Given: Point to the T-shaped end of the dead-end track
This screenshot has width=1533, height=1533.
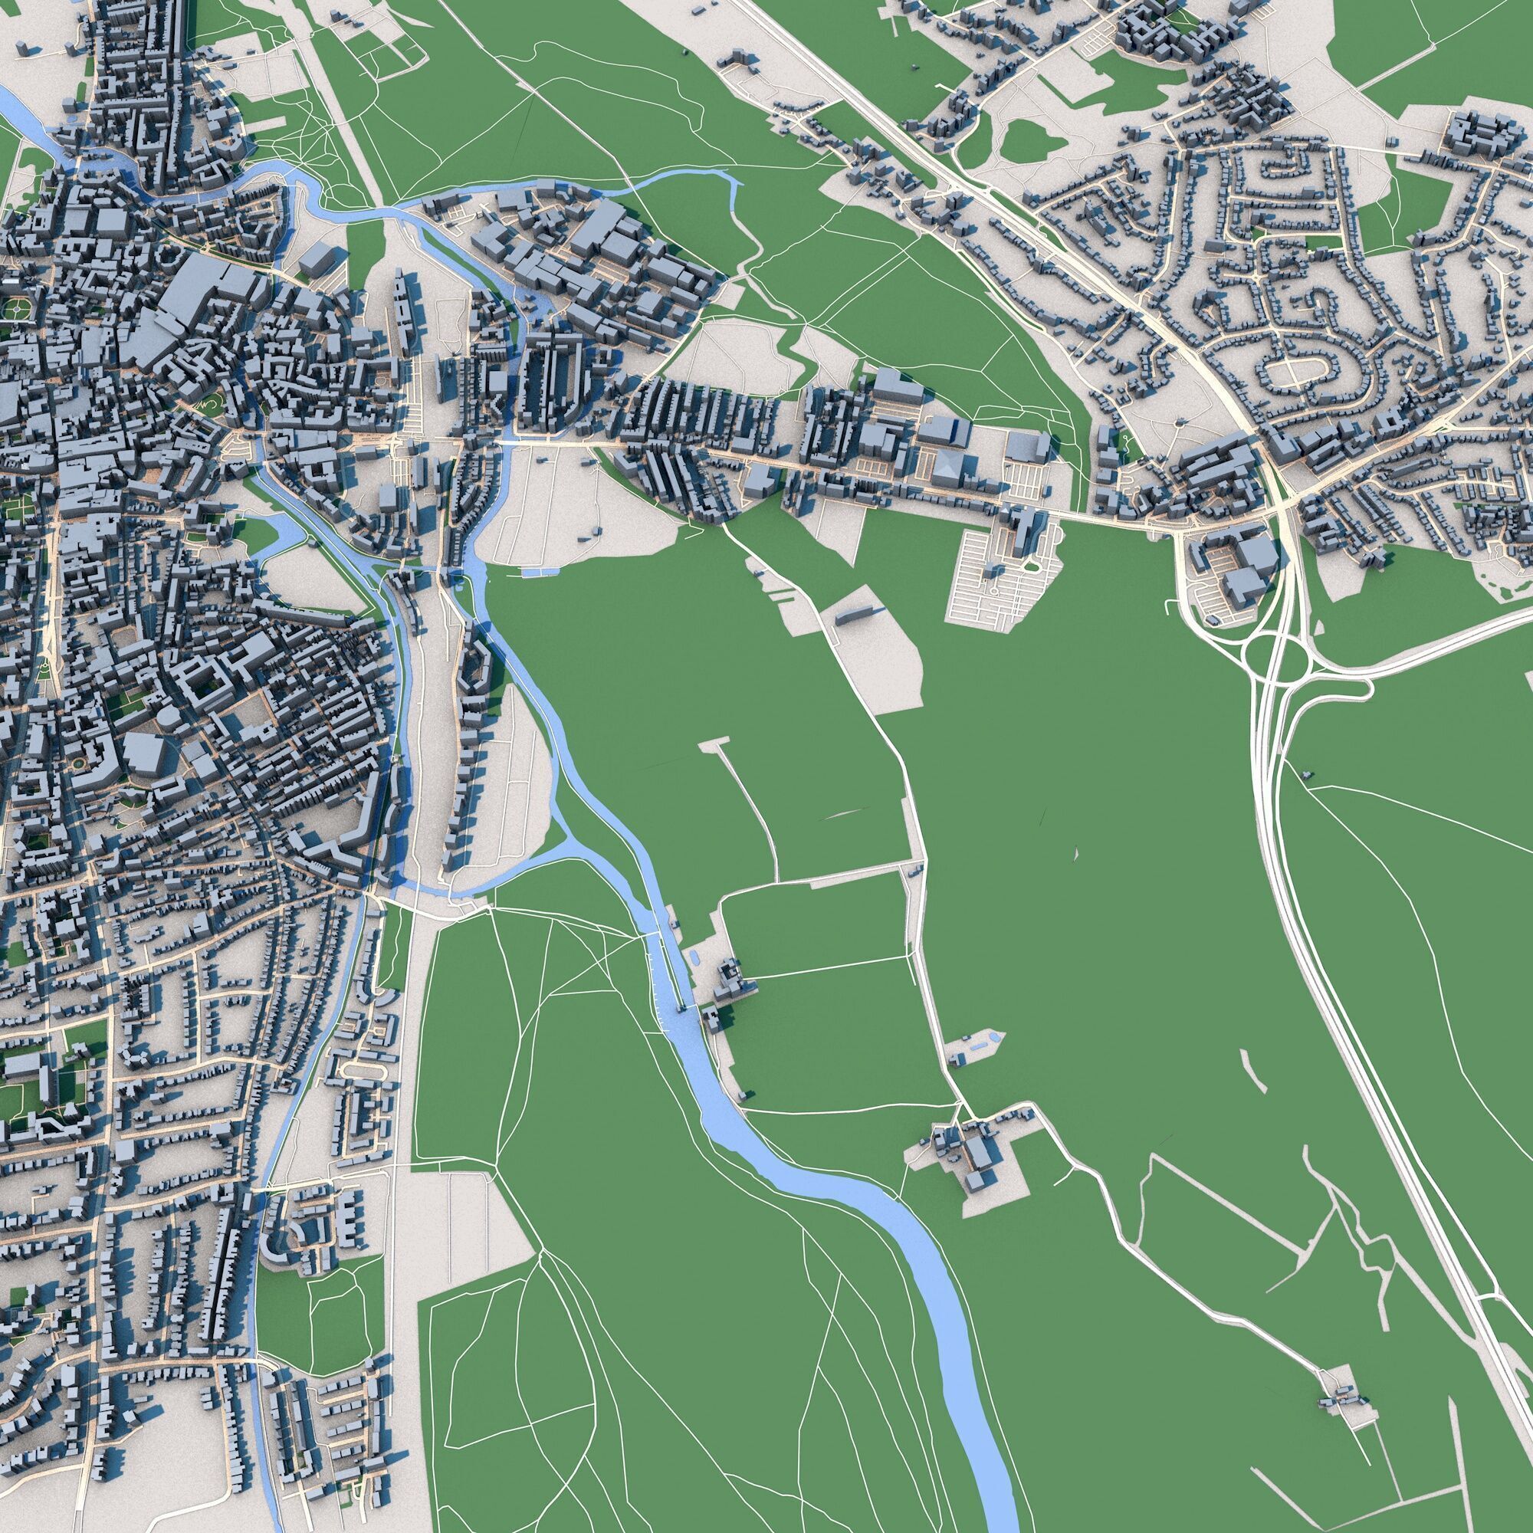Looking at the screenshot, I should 714,744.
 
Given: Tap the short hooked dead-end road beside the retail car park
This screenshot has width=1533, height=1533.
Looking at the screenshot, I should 1171,607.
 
